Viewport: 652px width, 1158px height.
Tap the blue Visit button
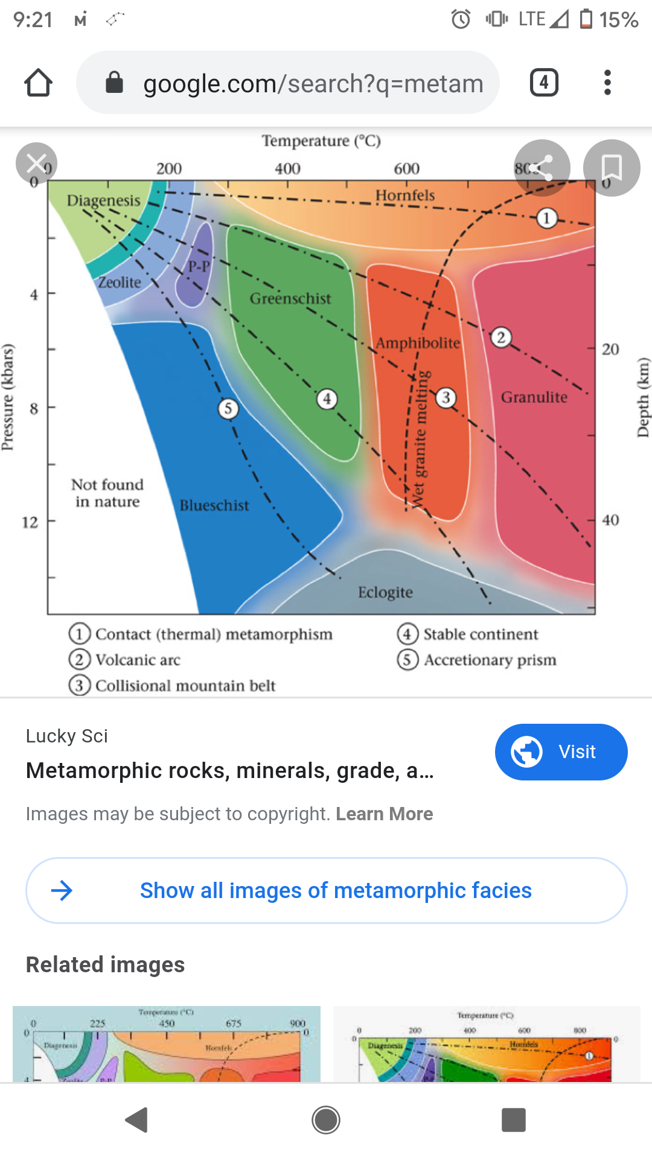561,751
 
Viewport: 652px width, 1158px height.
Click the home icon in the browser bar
38,83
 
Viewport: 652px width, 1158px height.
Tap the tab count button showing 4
543,83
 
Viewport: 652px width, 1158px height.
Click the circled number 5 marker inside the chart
228,409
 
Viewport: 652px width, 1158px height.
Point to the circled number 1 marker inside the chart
546,218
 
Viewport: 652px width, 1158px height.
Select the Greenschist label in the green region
290,299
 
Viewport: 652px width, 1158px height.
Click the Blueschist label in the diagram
214,505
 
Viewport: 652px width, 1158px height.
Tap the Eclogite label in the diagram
385,592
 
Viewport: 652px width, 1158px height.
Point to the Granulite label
534,397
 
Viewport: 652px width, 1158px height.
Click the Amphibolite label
418,343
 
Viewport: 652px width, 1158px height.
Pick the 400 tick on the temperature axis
287,169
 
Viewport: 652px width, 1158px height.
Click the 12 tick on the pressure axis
30,522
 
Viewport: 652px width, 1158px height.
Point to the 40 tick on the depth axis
610,520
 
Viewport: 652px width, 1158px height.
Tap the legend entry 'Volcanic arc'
138,660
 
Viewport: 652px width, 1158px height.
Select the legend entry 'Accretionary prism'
490,660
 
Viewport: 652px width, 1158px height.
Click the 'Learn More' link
384,814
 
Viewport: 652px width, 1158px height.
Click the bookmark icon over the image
611,168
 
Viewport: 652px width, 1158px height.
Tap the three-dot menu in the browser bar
607,83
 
